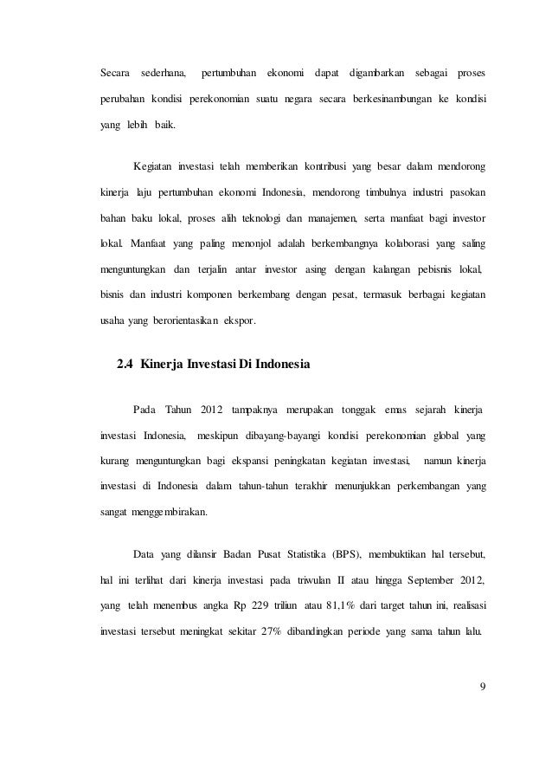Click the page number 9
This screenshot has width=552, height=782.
pos(482,688)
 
